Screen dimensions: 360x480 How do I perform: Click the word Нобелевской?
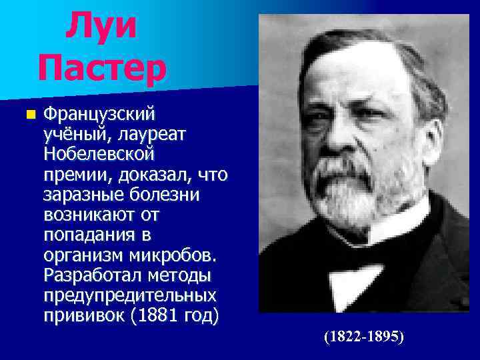(x=99, y=155)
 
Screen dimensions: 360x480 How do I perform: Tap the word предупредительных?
(x=129, y=295)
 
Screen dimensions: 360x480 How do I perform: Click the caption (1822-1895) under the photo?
(x=364, y=337)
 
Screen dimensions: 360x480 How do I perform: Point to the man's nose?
(x=347, y=133)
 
